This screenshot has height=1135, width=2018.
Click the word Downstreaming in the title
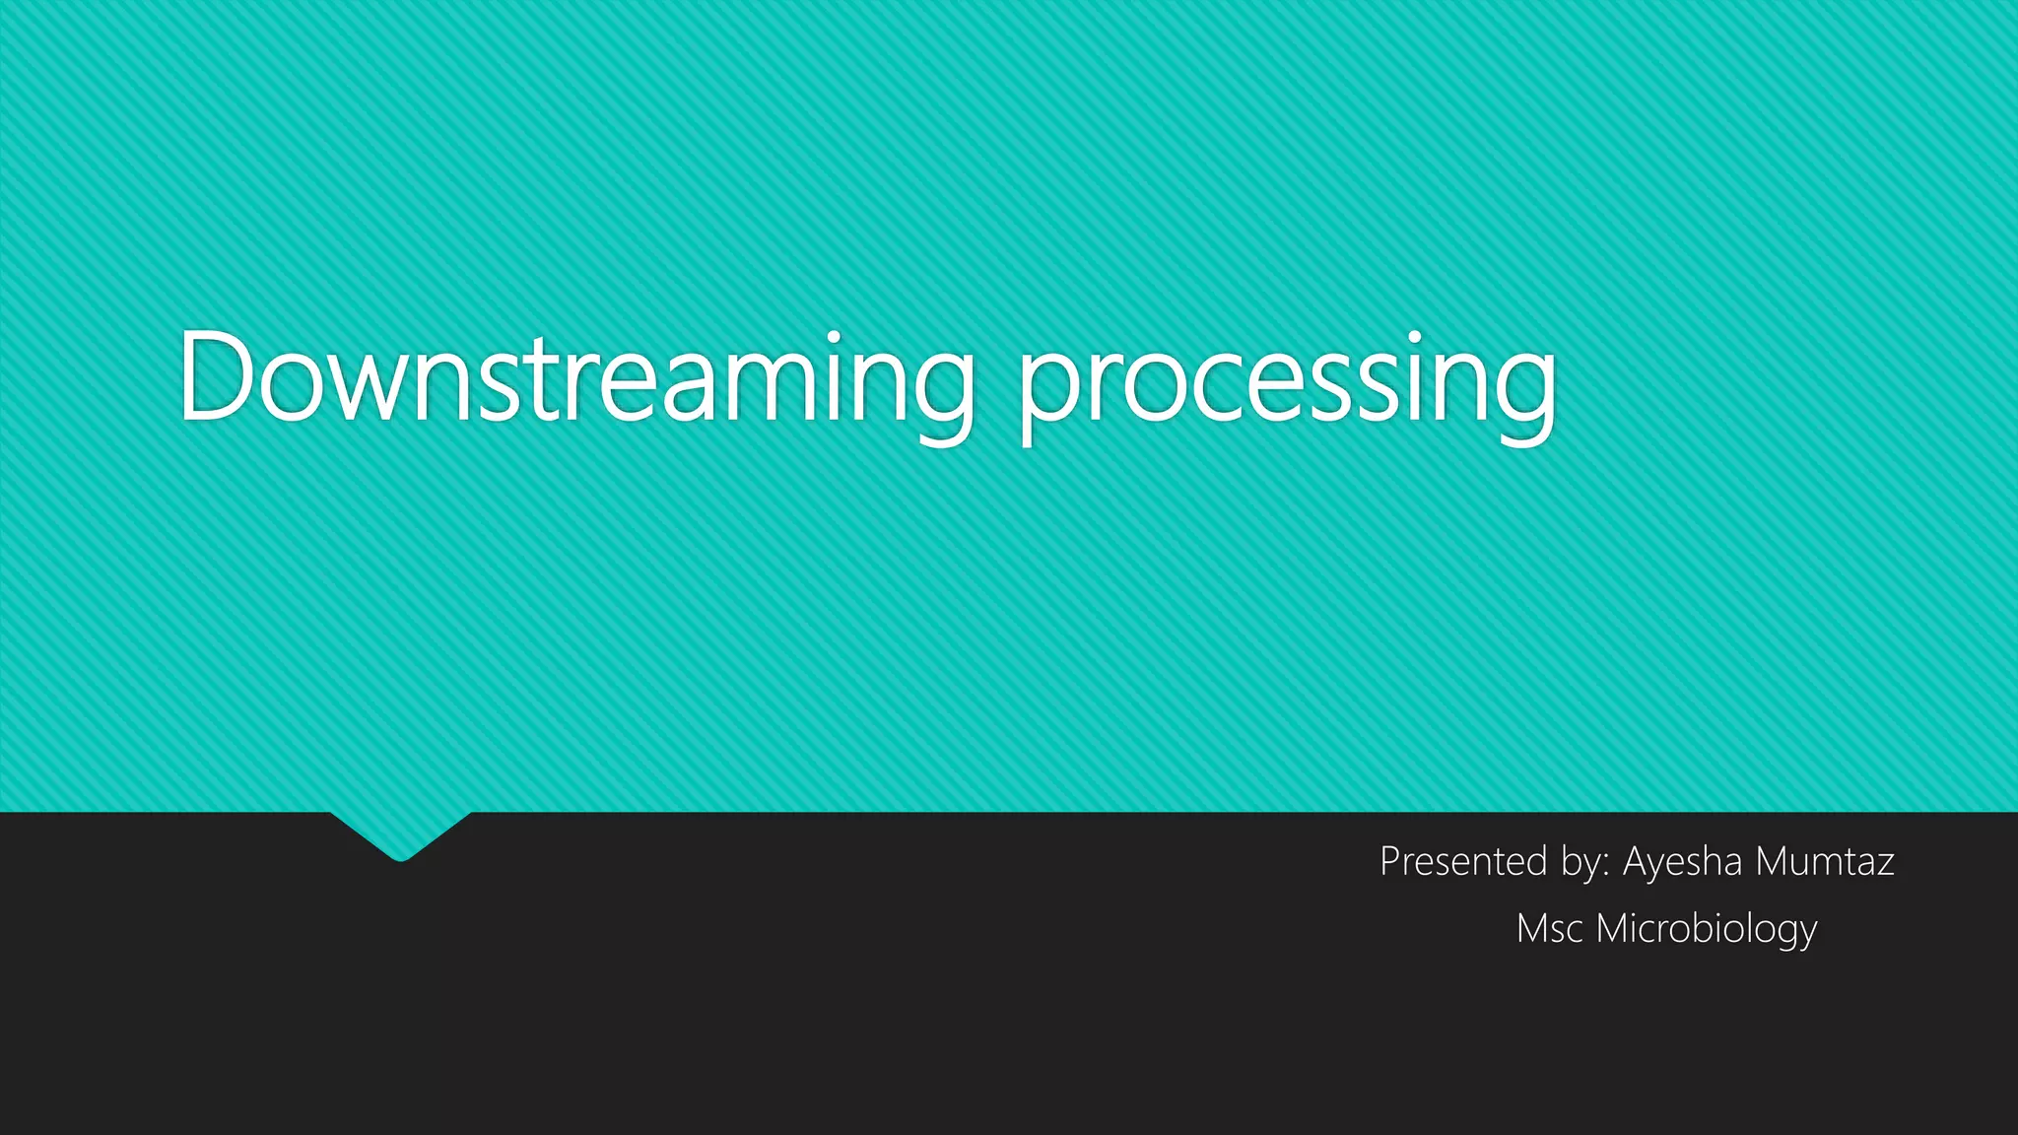575,378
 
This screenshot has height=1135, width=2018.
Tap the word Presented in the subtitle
1462,862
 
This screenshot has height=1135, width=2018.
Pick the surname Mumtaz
1825,862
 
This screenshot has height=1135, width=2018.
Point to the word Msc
1550,928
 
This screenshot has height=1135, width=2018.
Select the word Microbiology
1706,929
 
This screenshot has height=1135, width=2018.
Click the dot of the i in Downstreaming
836,338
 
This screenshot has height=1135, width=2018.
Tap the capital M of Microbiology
1611,928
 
